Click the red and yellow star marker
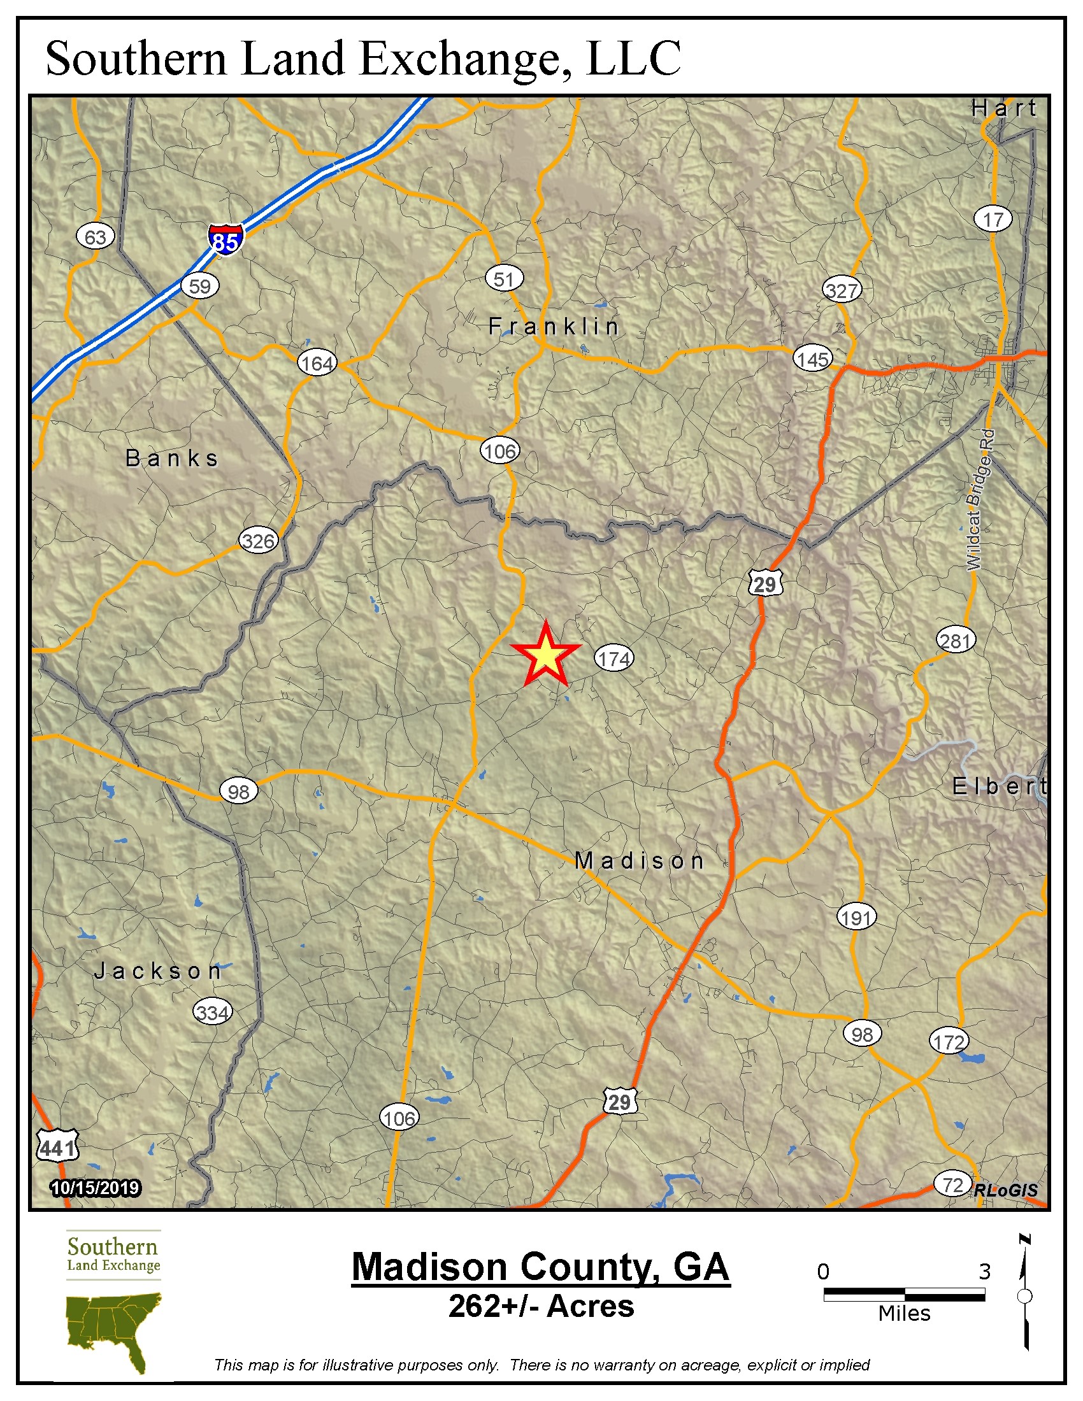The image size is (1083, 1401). [545, 655]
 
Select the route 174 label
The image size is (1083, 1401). [614, 658]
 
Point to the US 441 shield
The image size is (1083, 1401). [58, 1145]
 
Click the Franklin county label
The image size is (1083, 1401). [553, 327]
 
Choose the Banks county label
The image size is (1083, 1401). [172, 458]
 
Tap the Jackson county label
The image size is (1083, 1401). [158, 971]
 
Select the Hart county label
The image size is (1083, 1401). [1003, 108]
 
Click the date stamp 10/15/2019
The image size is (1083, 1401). [96, 1188]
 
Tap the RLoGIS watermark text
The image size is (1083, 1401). [1005, 1190]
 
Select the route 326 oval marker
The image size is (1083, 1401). [258, 541]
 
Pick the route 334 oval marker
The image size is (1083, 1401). [212, 1013]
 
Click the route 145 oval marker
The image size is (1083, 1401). [813, 359]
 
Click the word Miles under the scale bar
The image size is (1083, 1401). [904, 1313]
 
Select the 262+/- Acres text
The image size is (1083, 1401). [541, 1306]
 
